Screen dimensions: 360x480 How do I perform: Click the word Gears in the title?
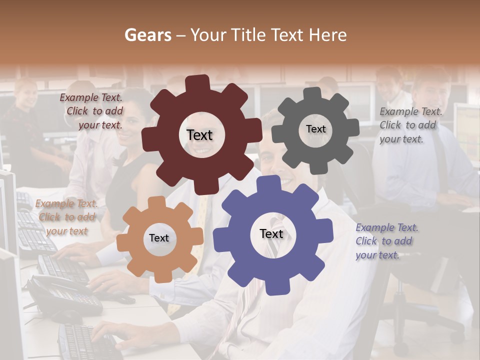pyautogui.click(x=147, y=35)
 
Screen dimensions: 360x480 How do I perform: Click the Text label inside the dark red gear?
pyautogui.click(x=199, y=135)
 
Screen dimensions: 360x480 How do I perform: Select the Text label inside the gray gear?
pyautogui.click(x=315, y=129)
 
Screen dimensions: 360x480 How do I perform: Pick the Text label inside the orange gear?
pyautogui.click(x=159, y=238)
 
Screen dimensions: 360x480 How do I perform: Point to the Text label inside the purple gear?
pyautogui.click(x=271, y=234)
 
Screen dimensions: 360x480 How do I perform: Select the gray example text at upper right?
pyautogui.click(x=410, y=125)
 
